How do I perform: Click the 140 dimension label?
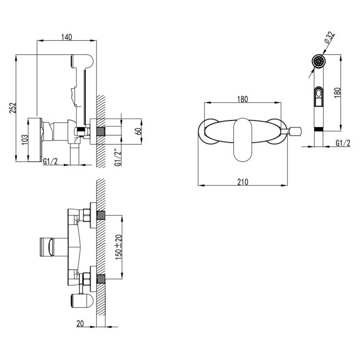click(67, 37)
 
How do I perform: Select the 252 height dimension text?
click(13, 108)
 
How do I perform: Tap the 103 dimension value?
click(24, 140)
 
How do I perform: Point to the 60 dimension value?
click(138, 132)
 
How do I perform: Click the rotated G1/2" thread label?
click(118, 158)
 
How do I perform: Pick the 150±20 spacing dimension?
click(119, 247)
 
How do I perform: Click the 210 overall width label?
click(243, 182)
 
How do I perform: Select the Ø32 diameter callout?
click(329, 37)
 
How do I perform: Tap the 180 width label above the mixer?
click(242, 99)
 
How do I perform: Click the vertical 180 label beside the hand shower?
click(337, 93)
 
